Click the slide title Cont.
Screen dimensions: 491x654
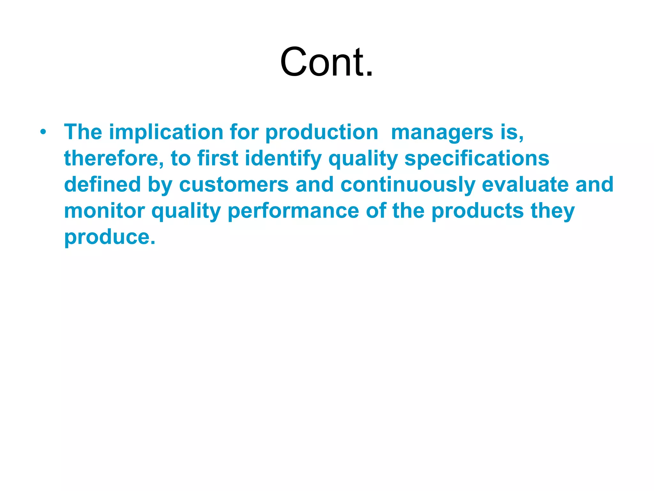click(x=326, y=62)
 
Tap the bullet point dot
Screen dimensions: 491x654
click(x=43, y=132)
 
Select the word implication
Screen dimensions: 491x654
click(x=166, y=132)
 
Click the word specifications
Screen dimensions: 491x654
click(x=476, y=159)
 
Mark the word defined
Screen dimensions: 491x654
click(x=102, y=184)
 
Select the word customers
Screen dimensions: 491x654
click(x=234, y=184)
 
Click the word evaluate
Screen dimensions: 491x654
click(x=525, y=184)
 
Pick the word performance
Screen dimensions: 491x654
click(x=293, y=211)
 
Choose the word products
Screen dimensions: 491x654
click(x=477, y=211)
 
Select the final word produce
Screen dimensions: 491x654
click(x=110, y=238)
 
